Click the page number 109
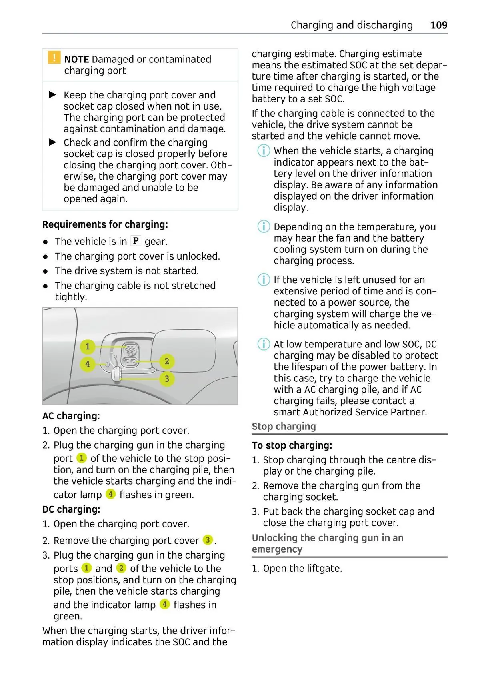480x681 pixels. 438,25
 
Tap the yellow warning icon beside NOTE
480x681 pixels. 54,58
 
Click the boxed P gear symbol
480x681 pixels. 136,241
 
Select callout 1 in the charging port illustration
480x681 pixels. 88,346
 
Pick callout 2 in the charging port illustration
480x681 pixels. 167,361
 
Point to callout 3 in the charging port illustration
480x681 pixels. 167,379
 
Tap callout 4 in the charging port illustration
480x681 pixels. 88,364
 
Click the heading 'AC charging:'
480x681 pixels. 71,416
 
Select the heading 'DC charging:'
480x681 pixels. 71,509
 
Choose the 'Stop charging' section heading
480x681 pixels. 284,426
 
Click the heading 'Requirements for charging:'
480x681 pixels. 105,224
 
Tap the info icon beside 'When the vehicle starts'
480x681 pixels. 264,151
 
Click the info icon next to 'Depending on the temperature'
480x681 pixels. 264,226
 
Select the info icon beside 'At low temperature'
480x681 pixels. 264,344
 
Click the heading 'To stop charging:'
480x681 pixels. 292,445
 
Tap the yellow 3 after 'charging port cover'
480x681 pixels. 208,540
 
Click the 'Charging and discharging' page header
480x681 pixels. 352,25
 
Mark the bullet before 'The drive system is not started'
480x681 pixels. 46,271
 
